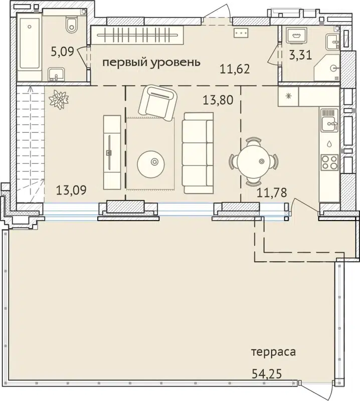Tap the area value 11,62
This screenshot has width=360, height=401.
[235, 68]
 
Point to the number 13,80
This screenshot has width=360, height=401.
[218, 100]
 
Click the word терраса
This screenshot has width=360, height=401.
[273, 352]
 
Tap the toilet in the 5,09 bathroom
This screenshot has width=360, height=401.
[71, 22]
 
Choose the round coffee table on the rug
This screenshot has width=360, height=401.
[154, 161]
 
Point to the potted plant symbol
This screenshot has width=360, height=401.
[58, 99]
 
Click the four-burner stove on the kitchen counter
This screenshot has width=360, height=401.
[329, 162]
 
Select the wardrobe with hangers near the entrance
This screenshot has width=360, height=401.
[136, 37]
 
